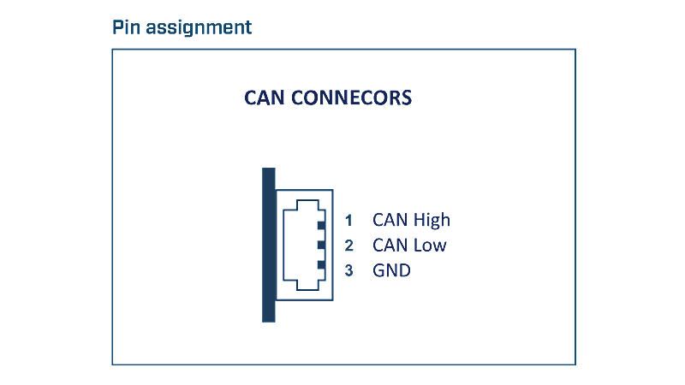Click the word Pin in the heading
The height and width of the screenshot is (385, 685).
pyautogui.click(x=126, y=27)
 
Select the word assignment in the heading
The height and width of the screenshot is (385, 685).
pyautogui.click(x=199, y=28)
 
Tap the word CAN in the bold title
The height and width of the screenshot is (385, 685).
pyautogui.click(x=265, y=98)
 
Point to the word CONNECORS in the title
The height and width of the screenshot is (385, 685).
pyautogui.click(x=352, y=98)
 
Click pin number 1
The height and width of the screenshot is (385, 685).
pyautogui.click(x=348, y=221)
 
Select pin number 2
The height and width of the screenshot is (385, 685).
pyautogui.click(x=348, y=246)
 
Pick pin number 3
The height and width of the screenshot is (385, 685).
pyautogui.click(x=348, y=270)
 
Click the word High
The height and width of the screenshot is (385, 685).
pyautogui.click(x=432, y=221)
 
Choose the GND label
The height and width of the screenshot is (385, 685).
pyautogui.click(x=391, y=270)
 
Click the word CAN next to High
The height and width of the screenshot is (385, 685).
pyautogui.click(x=390, y=220)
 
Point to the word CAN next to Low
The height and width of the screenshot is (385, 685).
pyautogui.click(x=390, y=246)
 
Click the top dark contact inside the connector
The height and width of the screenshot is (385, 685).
pyautogui.click(x=322, y=225)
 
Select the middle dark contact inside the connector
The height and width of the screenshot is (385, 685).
pyautogui.click(x=322, y=245)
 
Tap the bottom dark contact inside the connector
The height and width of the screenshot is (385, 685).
pyautogui.click(x=322, y=265)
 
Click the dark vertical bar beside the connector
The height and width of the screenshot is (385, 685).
pyautogui.click(x=269, y=245)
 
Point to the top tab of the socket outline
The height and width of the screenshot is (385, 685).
pyautogui.click(x=307, y=200)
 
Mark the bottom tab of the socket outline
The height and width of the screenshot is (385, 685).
pyautogui.click(x=307, y=289)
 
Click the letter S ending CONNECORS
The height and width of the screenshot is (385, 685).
pyautogui.click(x=407, y=98)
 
